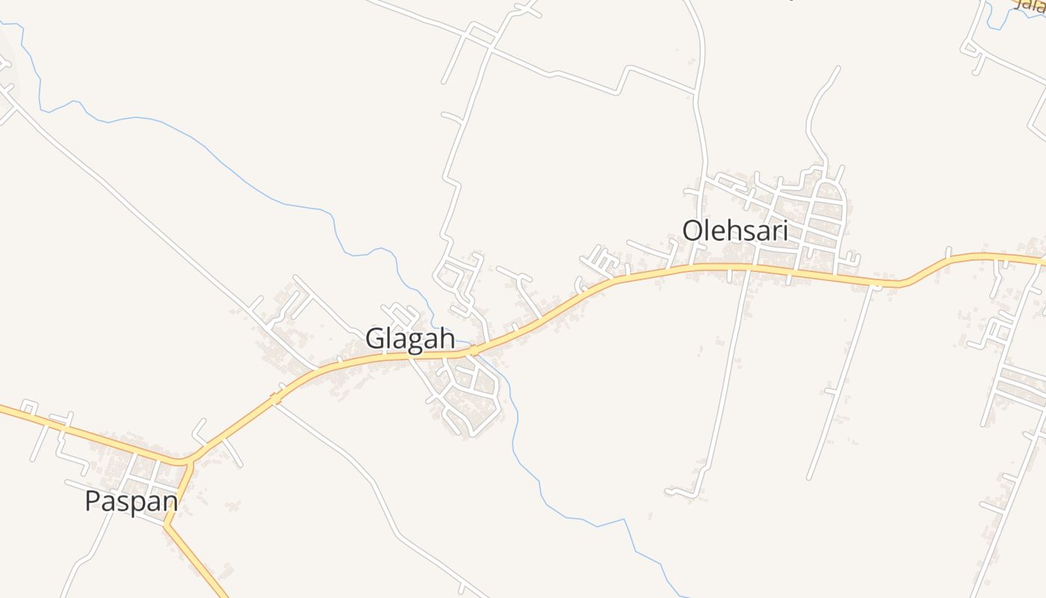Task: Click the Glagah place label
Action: pos(409,339)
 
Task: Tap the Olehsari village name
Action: pos(735,231)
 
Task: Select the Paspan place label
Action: pos(131,502)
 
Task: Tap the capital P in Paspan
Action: pos(93,502)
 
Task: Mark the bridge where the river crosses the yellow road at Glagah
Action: pos(474,350)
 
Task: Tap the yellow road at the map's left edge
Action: pos(6,409)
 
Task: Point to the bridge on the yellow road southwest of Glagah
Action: pos(276,397)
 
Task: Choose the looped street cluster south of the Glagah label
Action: pos(467,396)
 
